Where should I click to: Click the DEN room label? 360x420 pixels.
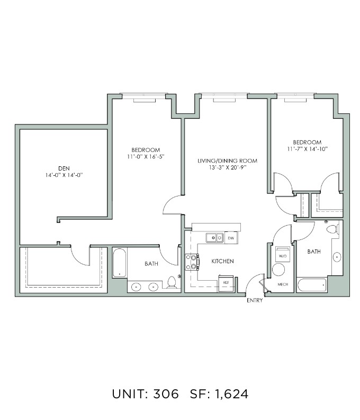click(x=64, y=168)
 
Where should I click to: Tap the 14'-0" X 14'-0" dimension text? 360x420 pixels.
click(x=64, y=175)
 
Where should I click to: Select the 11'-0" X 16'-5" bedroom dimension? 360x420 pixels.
click(x=146, y=156)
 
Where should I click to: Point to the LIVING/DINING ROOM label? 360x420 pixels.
click(x=227, y=160)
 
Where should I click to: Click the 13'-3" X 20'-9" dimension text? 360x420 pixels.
click(x=227, y=168)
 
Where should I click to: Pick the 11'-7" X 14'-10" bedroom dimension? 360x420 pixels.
click(x=307, y=149)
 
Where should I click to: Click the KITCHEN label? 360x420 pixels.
click(x=222, y=261)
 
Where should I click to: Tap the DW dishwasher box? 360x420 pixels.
click(x=231, y=238)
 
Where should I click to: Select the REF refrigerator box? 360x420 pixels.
click(x=226, y=283)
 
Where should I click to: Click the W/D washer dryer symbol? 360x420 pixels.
click(x=283, y=254)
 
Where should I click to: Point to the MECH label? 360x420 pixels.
click(x=283, y=284)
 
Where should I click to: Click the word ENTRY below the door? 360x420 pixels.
click(x=255, y=300)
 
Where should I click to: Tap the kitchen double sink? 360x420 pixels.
click(x=214, y=238)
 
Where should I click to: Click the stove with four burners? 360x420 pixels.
click(x=192, y=262)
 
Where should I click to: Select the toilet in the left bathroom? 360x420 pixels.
click(x=172, y=283)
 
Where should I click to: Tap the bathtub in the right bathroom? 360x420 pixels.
click(x=312, y=285)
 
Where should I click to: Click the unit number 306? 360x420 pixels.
click(x=166, y=394)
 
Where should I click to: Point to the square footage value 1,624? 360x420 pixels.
click(x=232, y=394)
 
